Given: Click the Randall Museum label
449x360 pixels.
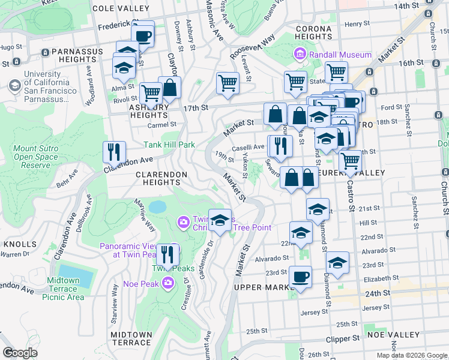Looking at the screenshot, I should coord(340,55).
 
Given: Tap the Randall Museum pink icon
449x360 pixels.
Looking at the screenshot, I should coord(300,55).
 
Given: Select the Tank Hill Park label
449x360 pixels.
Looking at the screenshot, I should coord(169,145).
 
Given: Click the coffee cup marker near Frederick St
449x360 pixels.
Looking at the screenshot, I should coord(143,35).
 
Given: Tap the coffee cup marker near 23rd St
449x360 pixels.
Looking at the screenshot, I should coord(300,277).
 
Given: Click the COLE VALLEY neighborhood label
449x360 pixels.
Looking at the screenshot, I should coord(121,8).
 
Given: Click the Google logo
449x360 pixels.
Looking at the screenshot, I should coord(20,353).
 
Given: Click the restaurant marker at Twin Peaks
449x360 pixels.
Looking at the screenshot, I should coord(167,254).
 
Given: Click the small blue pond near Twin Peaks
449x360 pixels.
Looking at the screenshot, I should coord(157,207).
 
